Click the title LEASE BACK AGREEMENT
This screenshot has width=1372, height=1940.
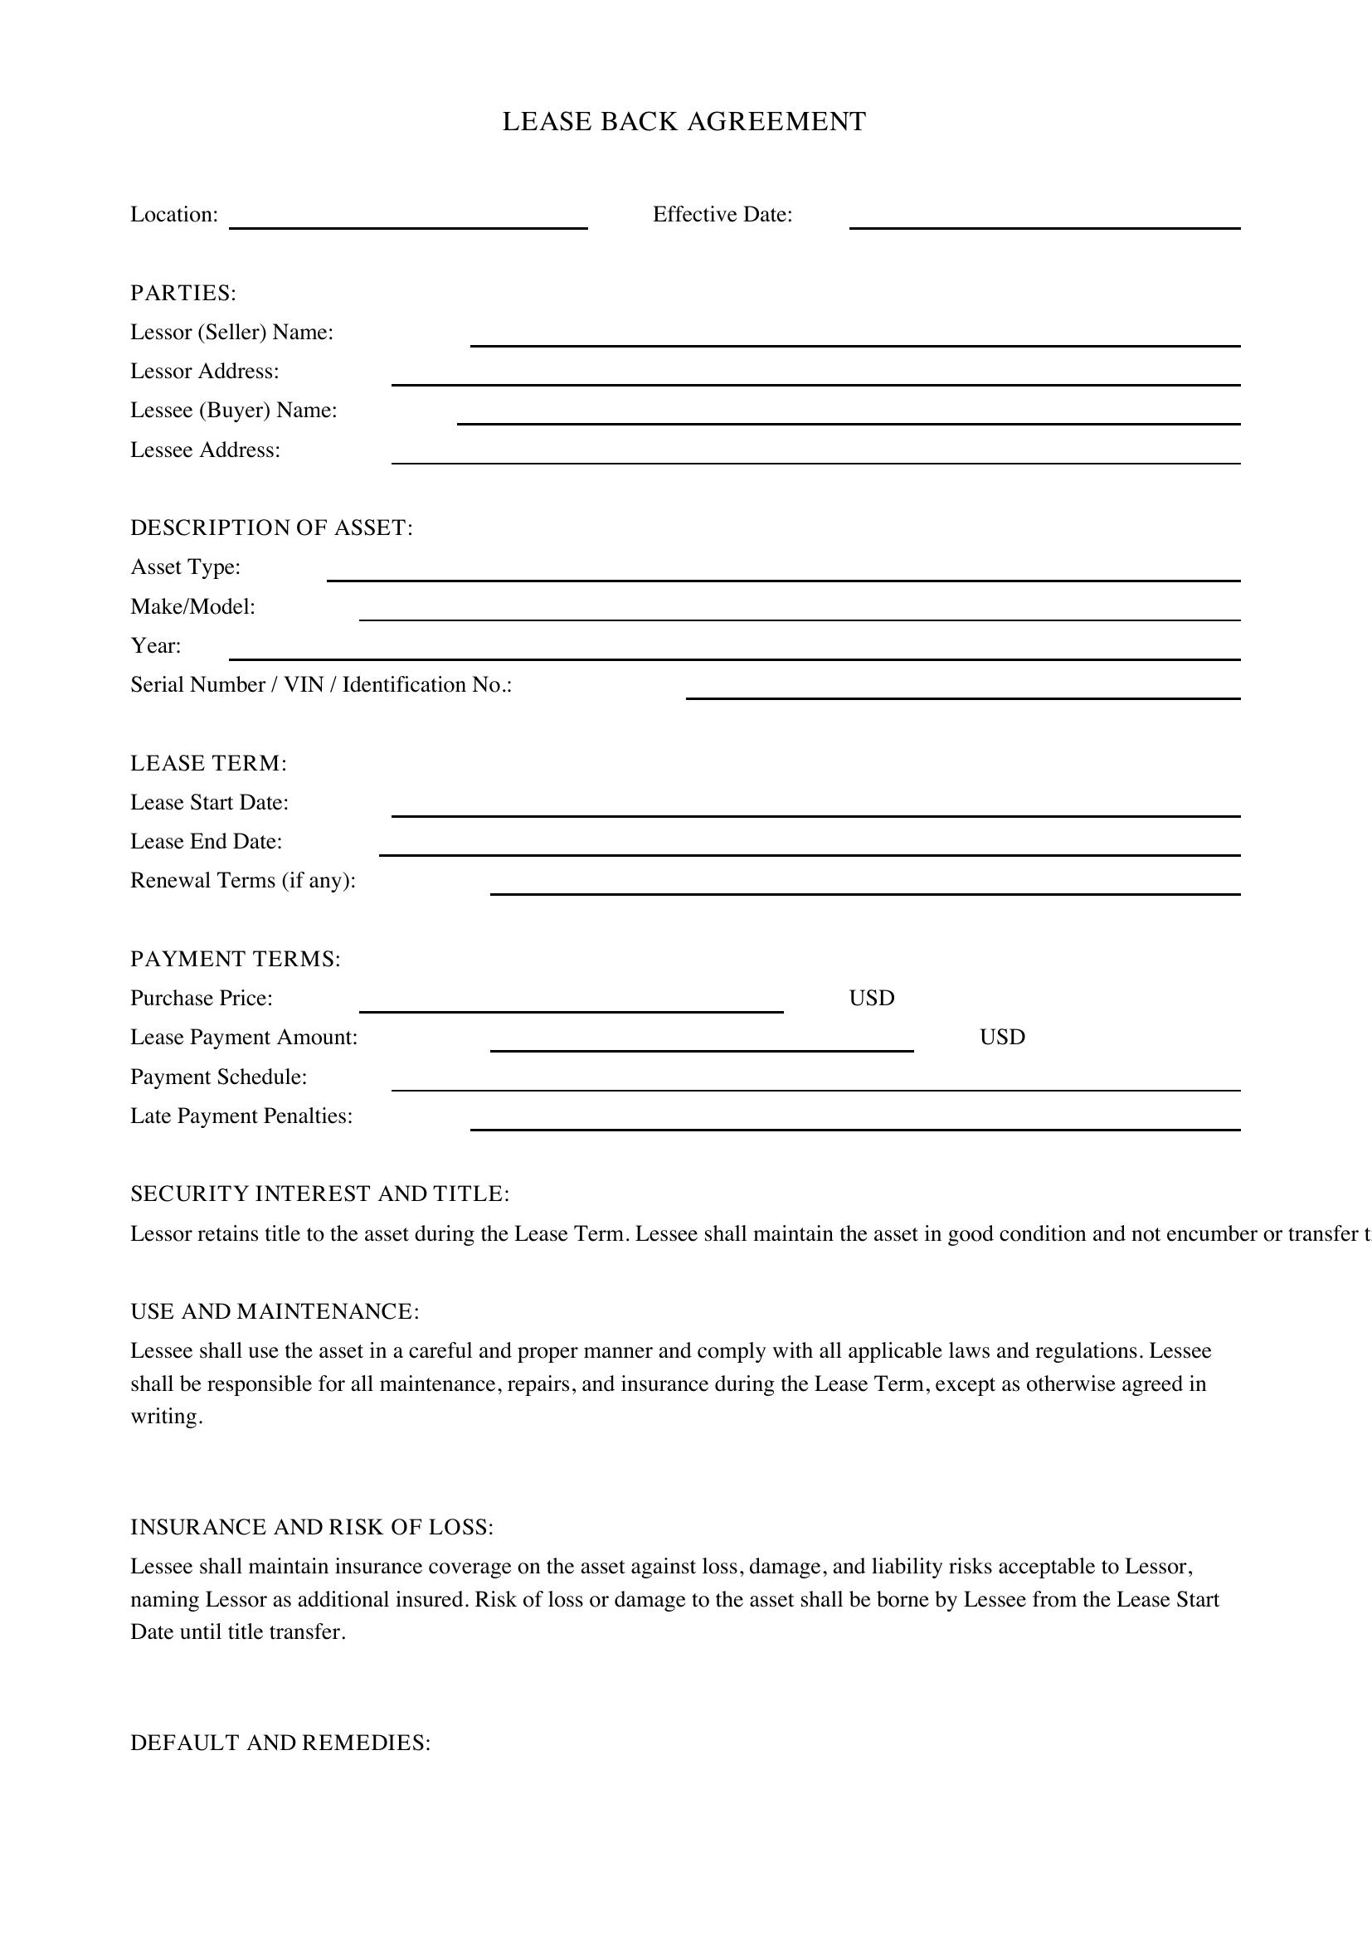pos(684,122)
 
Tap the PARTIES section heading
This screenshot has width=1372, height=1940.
pos(183,293)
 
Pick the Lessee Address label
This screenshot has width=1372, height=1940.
pos(205,450)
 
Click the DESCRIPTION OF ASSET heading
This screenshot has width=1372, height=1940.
pos(271,528)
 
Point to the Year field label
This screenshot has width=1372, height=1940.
pos(155,645)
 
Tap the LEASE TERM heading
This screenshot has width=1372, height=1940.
pos(209,763)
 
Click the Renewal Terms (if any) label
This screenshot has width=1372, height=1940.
pos(243,881)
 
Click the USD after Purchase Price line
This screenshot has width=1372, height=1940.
pos(871,998)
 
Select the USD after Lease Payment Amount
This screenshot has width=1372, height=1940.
pos(1002,1037)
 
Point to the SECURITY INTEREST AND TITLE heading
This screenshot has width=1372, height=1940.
pos(320,1193)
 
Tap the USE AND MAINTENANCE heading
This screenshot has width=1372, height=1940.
pos(275,1311)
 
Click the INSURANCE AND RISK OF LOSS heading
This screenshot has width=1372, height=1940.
pos(312,1527)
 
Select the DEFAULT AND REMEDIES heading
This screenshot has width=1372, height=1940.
pos(280,1743)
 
